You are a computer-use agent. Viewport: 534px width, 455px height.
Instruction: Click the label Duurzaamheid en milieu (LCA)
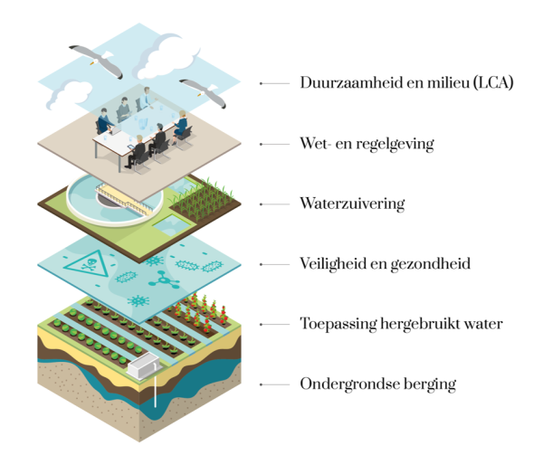click(x=406, y=82)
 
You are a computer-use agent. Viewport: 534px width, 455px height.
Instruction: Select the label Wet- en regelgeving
click(x=367, y=144)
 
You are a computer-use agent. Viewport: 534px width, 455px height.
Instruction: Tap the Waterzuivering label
click(x=352, y=204)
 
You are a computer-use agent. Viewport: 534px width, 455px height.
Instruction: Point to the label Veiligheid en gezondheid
click(x=385, y=264)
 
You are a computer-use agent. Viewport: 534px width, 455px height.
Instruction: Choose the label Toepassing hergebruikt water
click(x=401, y=324)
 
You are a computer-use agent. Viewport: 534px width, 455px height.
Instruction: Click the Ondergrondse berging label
click(x=377, y=384)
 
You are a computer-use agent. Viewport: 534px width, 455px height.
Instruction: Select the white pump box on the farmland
click(x=143, y=365)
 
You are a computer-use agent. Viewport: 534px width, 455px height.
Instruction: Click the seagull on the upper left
click(x=96, y=60)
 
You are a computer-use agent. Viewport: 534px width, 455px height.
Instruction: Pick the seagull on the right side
click(x=203, y=92)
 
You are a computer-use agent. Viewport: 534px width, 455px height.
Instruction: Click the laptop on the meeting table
click(x=115, y=129)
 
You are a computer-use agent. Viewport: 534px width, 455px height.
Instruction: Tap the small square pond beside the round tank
click(x=172, y=225)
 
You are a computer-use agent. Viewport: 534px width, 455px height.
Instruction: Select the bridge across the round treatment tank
click(x=125, y=197)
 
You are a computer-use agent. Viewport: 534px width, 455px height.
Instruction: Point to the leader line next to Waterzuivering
click(x=274, y=204)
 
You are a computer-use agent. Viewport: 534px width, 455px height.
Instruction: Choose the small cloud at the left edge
click(x=69, y=94)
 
